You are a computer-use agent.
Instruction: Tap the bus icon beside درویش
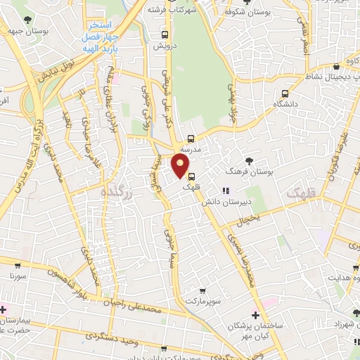coord(164,34)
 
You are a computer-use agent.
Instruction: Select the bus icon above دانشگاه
coord(285,94)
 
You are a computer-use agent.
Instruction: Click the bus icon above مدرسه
coord(191,139)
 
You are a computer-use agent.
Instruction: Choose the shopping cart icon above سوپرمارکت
coord(202,290)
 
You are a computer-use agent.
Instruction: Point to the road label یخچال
coord(248,219)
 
